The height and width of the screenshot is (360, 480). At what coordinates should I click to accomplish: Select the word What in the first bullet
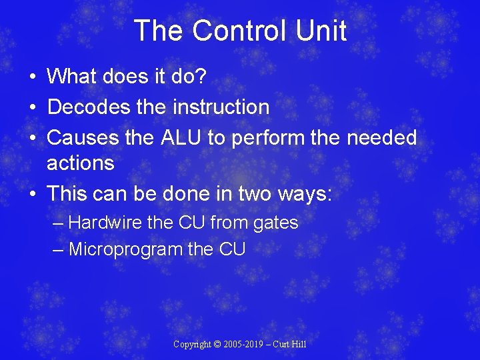(x=71, y=76)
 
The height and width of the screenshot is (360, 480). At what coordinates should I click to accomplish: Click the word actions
(x=80, y=163)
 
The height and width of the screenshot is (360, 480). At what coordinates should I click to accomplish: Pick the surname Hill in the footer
(x=298, y=345)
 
